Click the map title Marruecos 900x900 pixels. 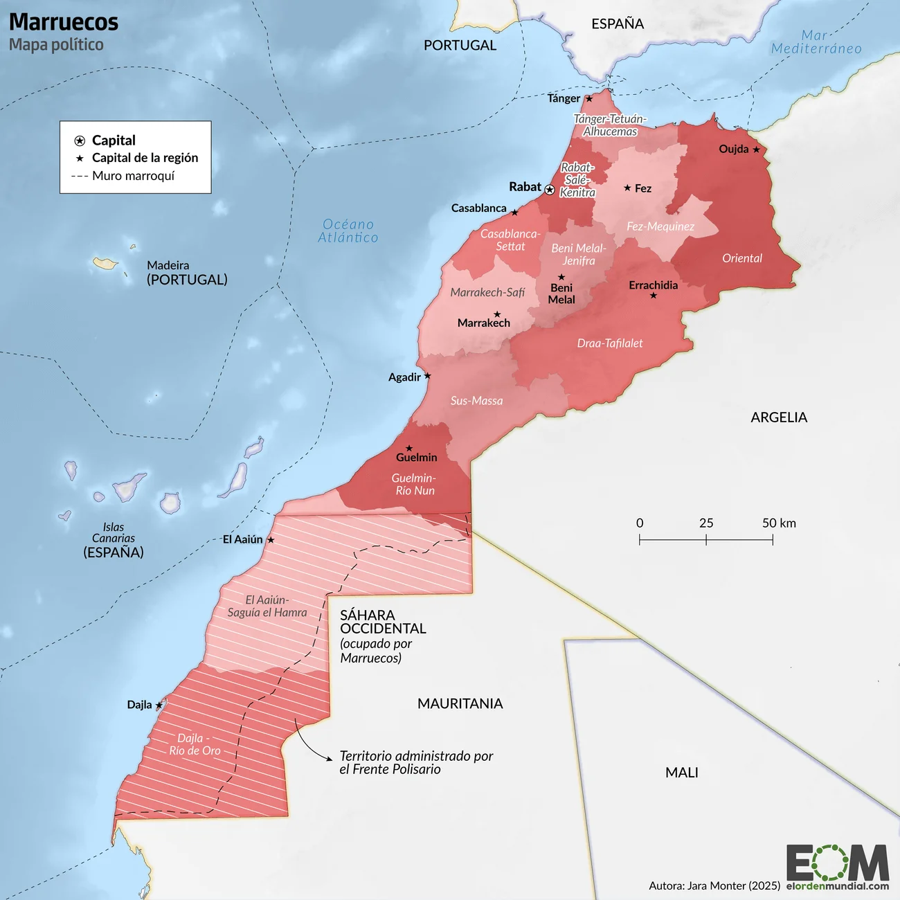[x=64, y=22]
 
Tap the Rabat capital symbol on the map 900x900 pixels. [x=550, y=190]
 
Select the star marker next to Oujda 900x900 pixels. [x=756, y=150]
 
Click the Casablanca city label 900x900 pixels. [x=478, y=208]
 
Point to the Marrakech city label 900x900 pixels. [x=483, y=323]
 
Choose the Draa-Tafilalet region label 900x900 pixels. [x=609, y=343]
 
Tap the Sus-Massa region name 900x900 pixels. [x=476, y=401]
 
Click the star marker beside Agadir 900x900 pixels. [x=427, y=376]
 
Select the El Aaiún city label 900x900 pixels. [x=242, y=539]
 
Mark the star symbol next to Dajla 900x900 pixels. [x=159, y=705]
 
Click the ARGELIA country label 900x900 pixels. [x=779, y=417]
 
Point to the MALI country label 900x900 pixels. [x=681, y=773]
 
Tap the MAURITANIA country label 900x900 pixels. [x=460, y=703]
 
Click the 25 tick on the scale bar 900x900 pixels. [x=706, y=539]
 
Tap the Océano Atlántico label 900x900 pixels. [x=348, y=231]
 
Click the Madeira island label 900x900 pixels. [x=168, y=265]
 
